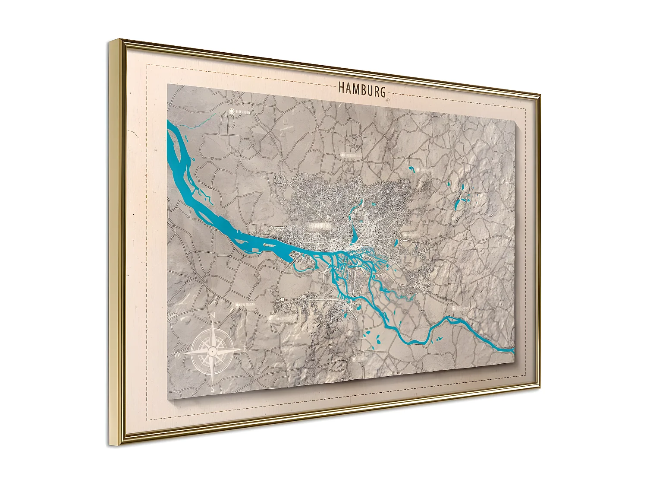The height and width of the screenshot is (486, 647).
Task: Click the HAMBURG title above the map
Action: click(361, 89)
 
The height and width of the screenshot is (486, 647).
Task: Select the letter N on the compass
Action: click(213, 315)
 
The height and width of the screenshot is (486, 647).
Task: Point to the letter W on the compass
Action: click(177, 355)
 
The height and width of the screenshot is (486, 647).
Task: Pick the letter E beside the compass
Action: click(245, 348)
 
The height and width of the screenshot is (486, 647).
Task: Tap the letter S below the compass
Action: click(213, 388)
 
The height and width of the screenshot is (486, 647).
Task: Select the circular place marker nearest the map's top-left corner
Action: click(232, 111)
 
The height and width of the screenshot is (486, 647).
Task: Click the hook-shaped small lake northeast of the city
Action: click(412, 169)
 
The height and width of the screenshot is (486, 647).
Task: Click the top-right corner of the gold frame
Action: click(540, 94)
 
